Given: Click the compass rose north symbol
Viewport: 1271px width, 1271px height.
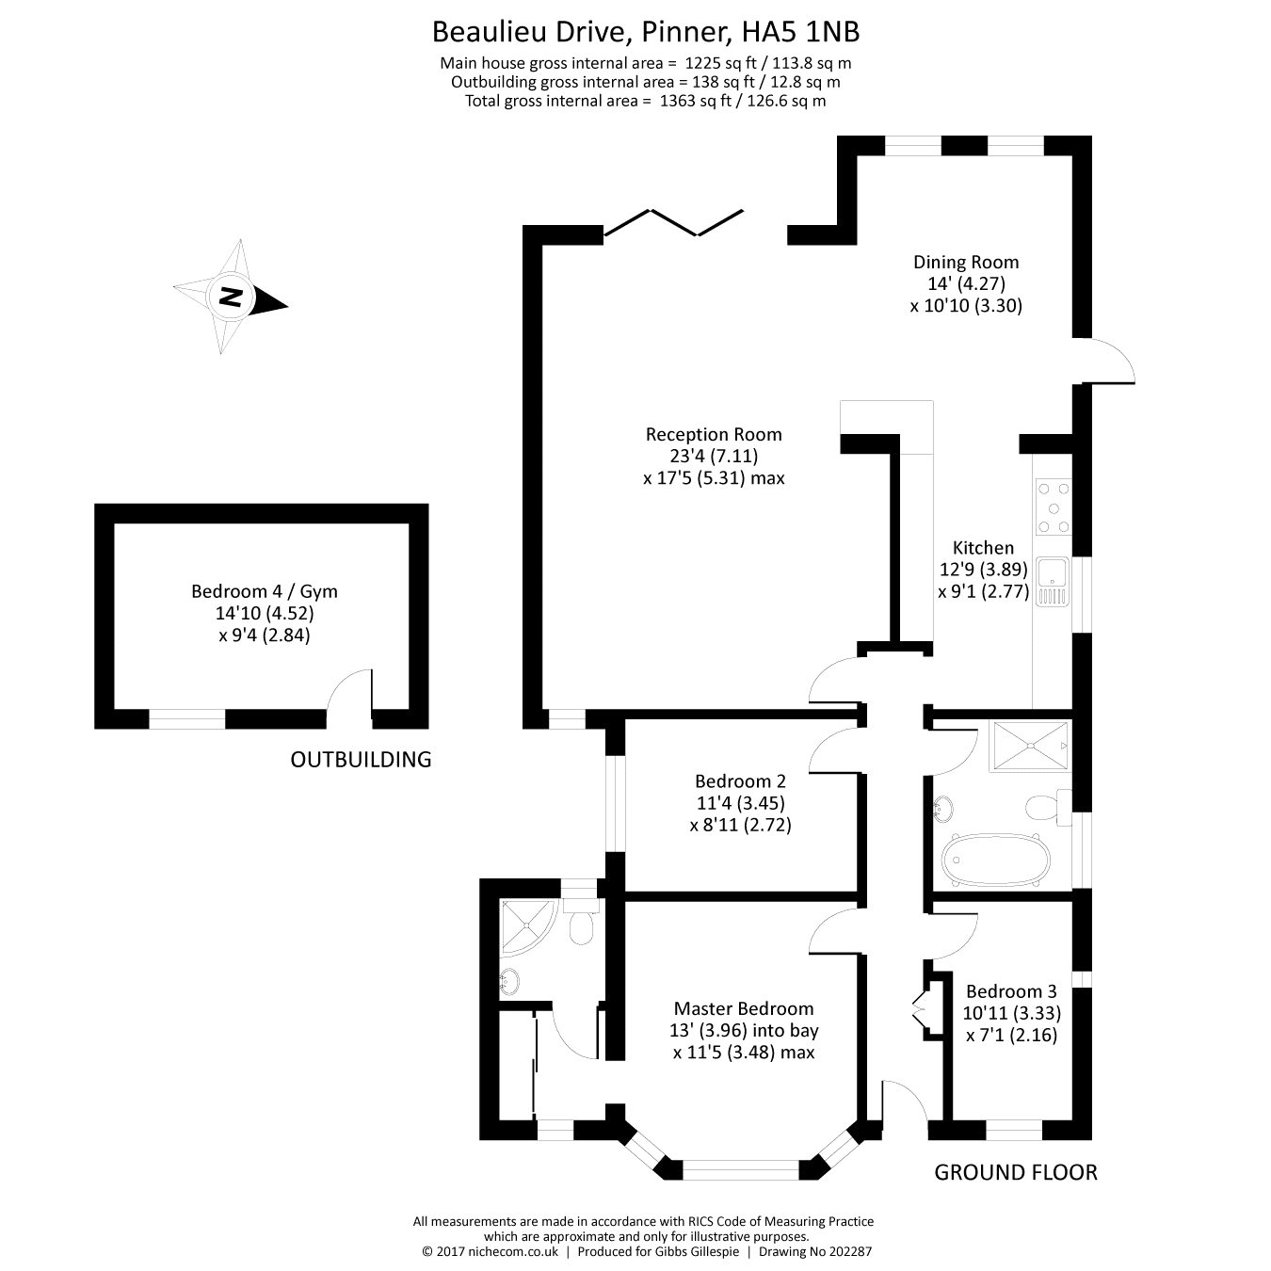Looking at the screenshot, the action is point(231,298).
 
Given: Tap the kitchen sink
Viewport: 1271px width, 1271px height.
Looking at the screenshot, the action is point(1051,581).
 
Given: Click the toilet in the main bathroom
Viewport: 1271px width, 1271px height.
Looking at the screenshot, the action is point(1044,807).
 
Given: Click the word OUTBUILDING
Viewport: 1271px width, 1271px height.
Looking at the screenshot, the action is point(361,759).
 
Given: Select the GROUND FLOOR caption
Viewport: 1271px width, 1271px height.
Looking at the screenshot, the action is point(1015,1172).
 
